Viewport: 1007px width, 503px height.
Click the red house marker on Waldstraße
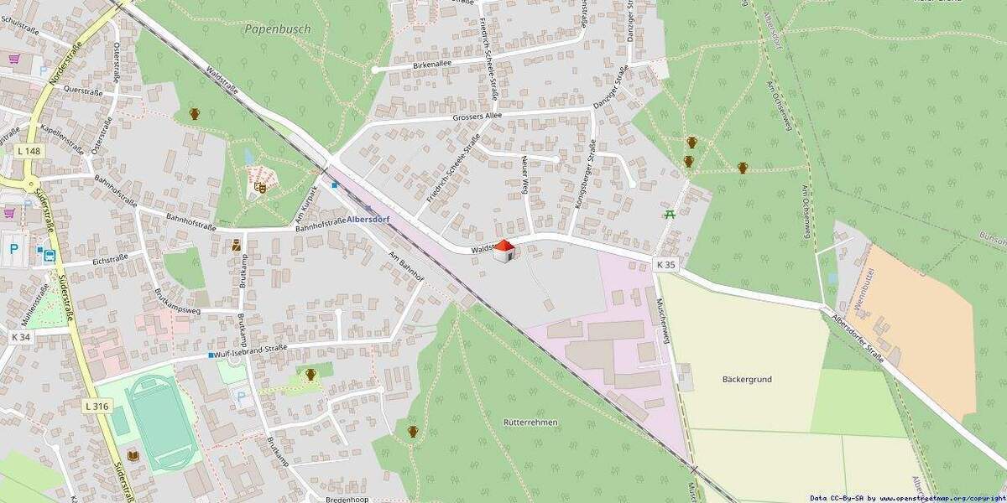coord(503,251)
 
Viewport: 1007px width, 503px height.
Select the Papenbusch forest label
coord(278,29)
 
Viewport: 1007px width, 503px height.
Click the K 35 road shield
coord(665,264)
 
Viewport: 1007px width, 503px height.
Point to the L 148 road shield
coord(28,150)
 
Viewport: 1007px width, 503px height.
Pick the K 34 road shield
coord(21,336)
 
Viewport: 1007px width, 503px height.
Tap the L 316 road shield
coord(97,406)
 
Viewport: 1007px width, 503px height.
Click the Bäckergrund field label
coord(746,379)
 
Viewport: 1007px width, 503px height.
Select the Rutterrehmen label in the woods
coord(530,423)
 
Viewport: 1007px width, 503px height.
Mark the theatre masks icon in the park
coord(260,188)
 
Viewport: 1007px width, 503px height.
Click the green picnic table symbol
coord(670,214)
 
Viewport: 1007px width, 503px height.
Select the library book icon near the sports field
coord(133,455)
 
